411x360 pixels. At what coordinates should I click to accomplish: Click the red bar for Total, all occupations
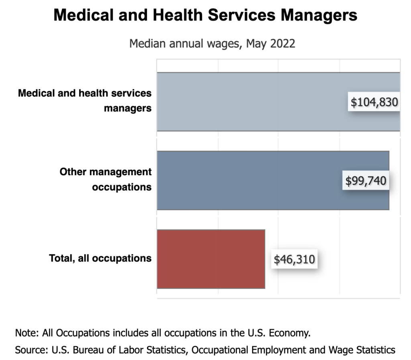tap(211, 259)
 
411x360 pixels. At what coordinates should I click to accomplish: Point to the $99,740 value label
tap(366, 181)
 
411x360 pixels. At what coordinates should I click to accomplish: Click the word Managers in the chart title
tap(319, 16)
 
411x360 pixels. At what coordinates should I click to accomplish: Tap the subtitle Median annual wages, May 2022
tap(212, 43)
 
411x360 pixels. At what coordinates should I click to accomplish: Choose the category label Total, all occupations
tap(100, 258)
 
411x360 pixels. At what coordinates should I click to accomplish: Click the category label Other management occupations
tap(106, 180)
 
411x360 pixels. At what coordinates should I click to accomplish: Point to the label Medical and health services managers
tap(85, 101)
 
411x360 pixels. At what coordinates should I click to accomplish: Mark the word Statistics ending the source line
tap(374, 349)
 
